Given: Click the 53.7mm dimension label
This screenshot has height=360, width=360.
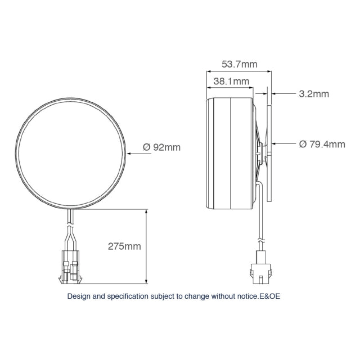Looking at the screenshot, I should tap(239, 64).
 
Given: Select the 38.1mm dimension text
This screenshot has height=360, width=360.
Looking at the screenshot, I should tap(231, 81).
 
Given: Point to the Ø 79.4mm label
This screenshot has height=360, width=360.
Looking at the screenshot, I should tap(322, 145).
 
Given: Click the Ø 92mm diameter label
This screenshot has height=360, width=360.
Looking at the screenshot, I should tap(161, 147).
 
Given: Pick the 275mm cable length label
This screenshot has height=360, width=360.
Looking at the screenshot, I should tap(124, 246).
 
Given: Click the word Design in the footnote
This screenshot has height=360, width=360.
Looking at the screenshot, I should tap(79, 296).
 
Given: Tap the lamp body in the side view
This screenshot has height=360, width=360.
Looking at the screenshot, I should tap(231, 152).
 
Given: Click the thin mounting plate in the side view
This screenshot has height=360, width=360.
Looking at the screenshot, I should tap(269, 152).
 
